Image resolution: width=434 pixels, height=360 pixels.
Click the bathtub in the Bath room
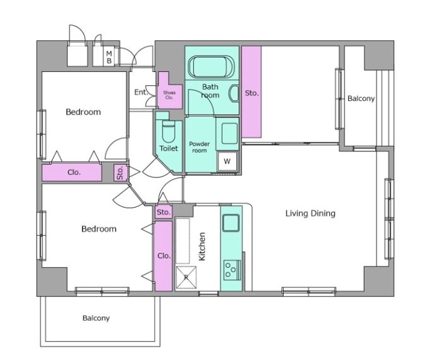tap(211, 67)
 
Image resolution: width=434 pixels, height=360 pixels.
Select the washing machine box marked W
tap(227, 161)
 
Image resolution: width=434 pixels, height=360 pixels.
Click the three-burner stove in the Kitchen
tap(232, 270)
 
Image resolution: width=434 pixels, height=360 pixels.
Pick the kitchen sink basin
tap(231, 223)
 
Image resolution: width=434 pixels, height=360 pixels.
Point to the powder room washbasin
tap(229, 133)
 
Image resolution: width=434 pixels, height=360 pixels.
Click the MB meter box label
tap(109, 57)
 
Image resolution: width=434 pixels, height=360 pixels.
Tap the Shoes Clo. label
tap(169, 95)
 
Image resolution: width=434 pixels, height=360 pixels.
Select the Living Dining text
tap(310, 213)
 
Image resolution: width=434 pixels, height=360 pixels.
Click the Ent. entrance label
tap(141, 92)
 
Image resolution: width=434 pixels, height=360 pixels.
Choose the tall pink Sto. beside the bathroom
tap(251, 92)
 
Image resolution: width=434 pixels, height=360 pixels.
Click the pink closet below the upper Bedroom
tap(72, 172)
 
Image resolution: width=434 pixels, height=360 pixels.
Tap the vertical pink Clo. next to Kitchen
tap(164, 256)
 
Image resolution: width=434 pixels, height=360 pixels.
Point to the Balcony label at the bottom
tap(96, 318)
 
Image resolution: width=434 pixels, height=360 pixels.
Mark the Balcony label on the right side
tap(361, 99)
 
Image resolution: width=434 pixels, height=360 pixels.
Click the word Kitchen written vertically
tap(202, 246)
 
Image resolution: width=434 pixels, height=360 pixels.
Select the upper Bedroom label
tap(83, 112)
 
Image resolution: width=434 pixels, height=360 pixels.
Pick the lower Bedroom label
tap(99, 229)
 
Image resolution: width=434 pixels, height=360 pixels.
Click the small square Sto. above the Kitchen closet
tap(164, 212)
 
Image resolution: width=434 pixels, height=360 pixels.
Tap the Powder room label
tap(199, 147)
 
